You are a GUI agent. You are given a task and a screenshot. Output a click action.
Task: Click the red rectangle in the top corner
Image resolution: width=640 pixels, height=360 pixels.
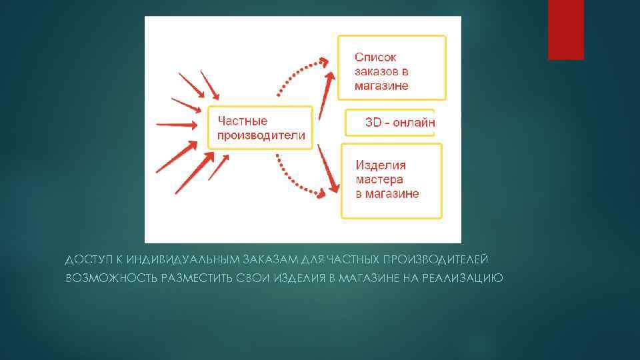[x=565, y=29]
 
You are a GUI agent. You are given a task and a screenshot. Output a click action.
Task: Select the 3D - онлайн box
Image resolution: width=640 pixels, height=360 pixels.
[x=390, y=123]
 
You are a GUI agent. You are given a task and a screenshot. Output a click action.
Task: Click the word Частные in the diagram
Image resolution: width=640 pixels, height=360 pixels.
[x=241, y=121]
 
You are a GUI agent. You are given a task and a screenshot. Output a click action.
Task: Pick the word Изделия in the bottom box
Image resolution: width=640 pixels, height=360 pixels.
[x=381, y=165]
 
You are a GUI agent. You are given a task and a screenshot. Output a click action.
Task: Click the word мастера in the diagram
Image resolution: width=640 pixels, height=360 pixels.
[x=379, y=179]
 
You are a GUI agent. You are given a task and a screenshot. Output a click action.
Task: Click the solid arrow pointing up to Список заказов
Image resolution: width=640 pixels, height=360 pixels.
[x=325, y=97]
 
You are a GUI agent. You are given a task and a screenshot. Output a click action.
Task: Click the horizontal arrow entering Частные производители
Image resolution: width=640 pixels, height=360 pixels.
[x=177, y=124]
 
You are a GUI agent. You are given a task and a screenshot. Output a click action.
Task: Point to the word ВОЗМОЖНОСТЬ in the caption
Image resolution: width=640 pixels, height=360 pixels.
[x=110, y=277]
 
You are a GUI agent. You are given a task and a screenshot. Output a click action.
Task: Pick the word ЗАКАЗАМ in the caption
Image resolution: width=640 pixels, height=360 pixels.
[x=263, y=258]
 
